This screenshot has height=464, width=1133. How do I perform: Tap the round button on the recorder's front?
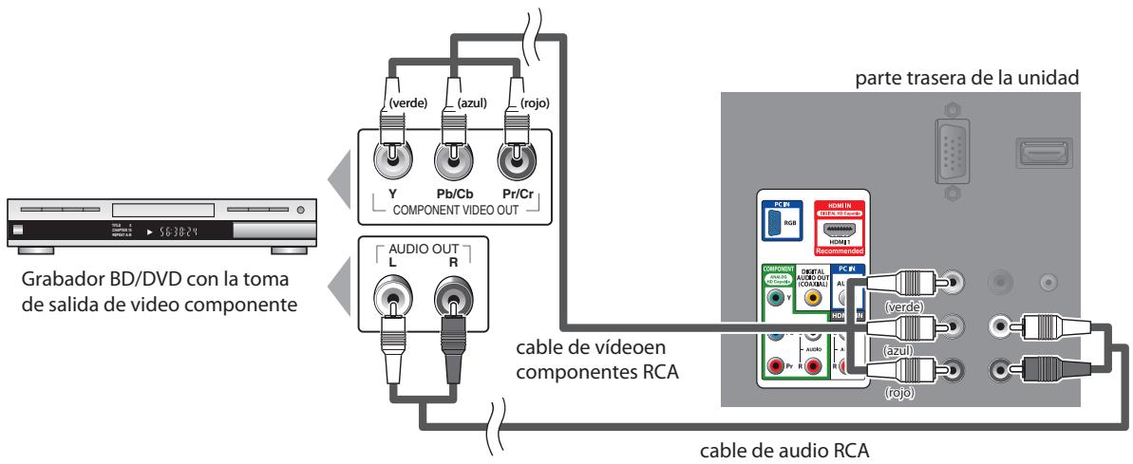coord(300,209)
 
